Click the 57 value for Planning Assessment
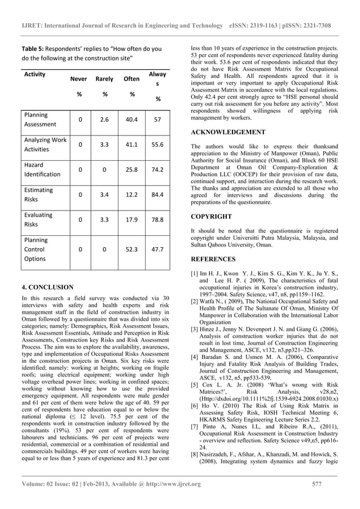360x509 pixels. tap(157, 119)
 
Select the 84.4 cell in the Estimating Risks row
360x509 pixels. tap(157, 195)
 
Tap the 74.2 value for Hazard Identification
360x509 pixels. tap(157, 169)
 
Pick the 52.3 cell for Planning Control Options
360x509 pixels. tap(131, 249)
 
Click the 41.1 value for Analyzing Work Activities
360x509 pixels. tap(131, 144)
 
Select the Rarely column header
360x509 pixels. tap(104, 79)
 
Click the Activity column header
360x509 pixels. tap(35, 74)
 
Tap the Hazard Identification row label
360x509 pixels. tap(42, 169)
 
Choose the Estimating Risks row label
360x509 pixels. tap(39, 195)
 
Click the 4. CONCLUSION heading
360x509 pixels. tap(47, 287)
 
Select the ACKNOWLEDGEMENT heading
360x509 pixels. tap(228, 132)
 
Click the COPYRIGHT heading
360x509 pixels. tap(211, 217)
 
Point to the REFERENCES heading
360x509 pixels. tap(213, 260)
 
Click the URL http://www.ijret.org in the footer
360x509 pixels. tap(169, 484)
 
